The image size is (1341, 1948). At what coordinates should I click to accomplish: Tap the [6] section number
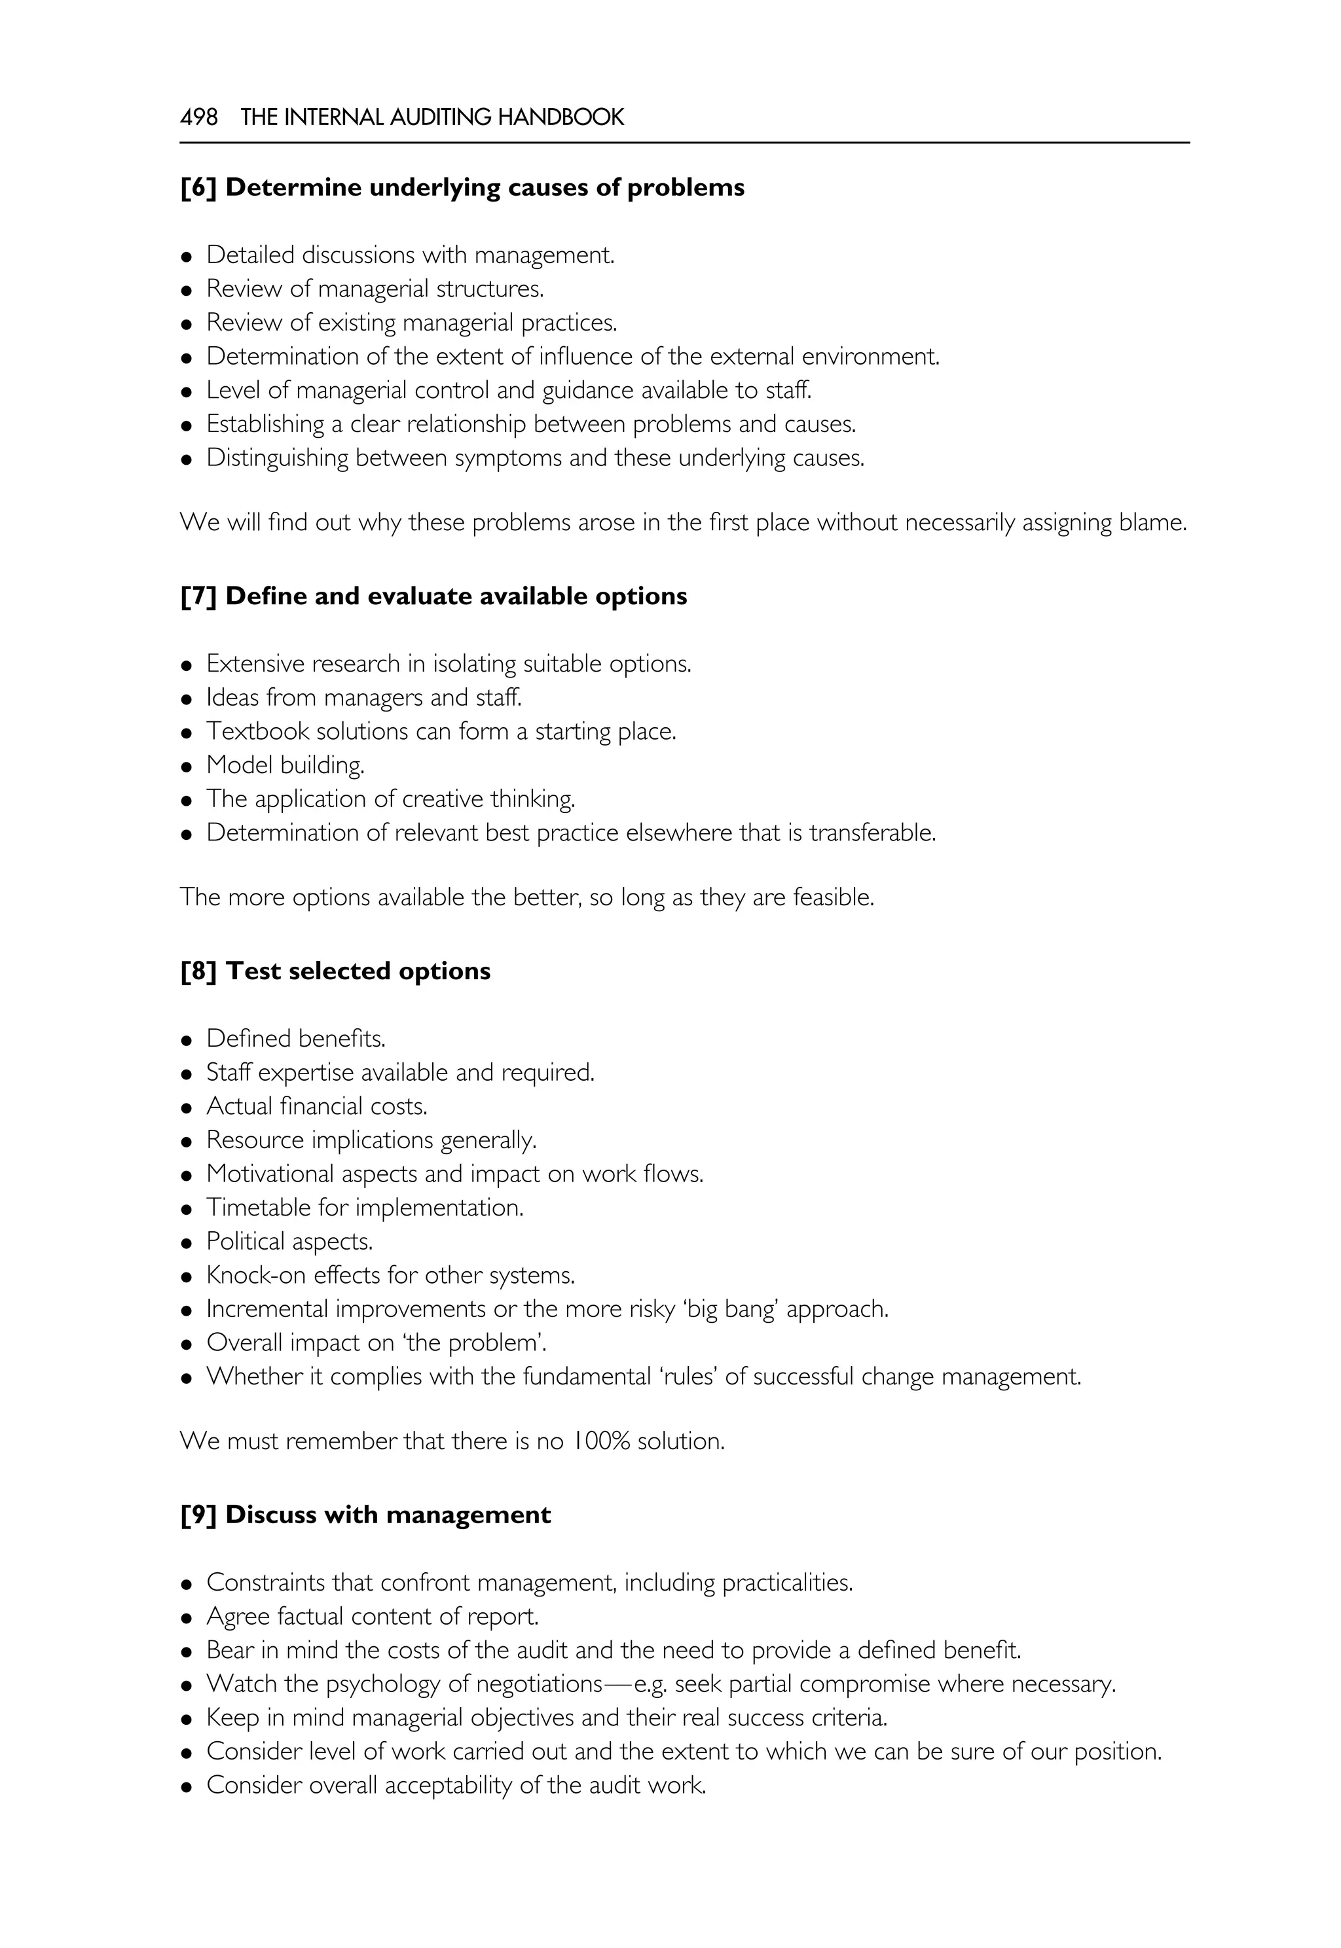click(198, 187)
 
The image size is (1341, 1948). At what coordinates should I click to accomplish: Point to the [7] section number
click(198, 596)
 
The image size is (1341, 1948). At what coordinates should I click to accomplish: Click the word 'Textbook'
click(258, 732)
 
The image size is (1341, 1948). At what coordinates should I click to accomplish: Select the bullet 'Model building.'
click(285, 765)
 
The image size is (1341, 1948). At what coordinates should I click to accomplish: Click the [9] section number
click(198, 1515)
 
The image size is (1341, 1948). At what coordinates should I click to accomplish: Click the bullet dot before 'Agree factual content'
click(187, 1619)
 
